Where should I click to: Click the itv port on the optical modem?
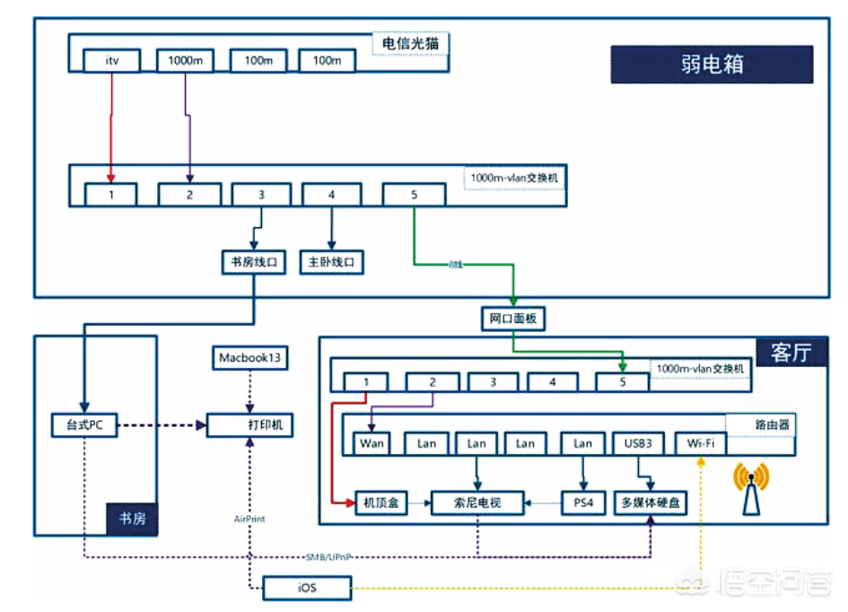coord(112,61)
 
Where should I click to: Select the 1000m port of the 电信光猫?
coord(186,61)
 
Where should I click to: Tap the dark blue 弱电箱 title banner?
coord(712,65)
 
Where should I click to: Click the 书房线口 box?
coord(253,262)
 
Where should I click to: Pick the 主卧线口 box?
coord(331,262)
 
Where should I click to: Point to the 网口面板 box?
coord(511,318)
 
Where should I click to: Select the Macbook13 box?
coord(250,358)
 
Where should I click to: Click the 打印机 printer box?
coord(251,424)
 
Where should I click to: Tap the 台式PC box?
coord(84,424)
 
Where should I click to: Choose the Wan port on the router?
coord(372,442)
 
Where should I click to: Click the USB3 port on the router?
coord(639,442)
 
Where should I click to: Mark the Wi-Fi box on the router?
coord(700,442)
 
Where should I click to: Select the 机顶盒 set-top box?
coord(381,503)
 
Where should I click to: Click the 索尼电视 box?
coord(477,503)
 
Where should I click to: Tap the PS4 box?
coord(583,503)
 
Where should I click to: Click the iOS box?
coord(307,589)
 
